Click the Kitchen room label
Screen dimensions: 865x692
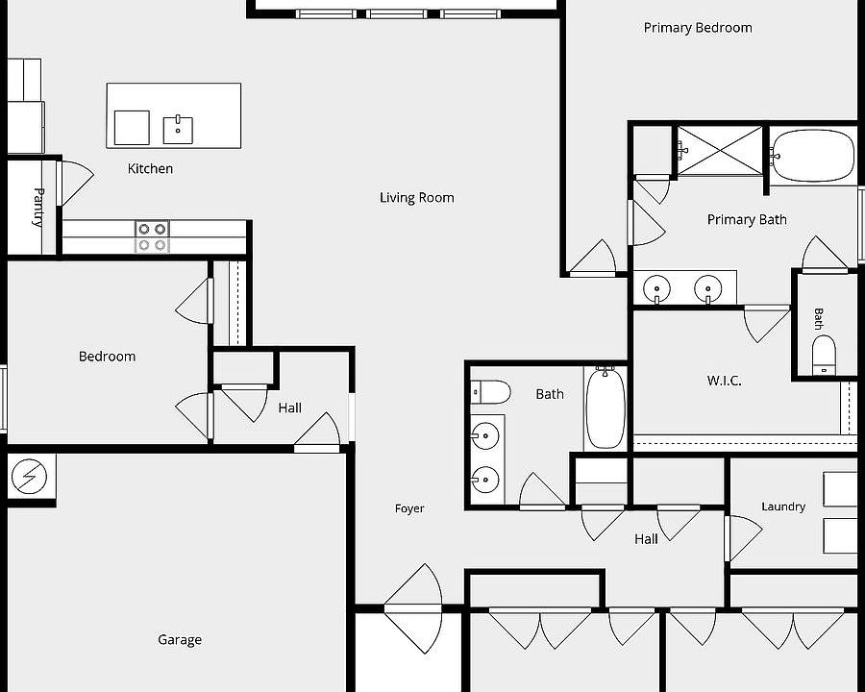click(x=150, y=168)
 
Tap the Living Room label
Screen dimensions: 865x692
click(x=417, y=198)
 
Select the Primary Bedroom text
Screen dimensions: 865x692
click(x=698, y=28)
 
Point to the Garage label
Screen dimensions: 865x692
click(x=180, y=639)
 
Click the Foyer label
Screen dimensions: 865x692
click(x=409, y=508)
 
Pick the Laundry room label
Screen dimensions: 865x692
click(x=783, y=507)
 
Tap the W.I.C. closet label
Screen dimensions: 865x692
click(x=725, y=381)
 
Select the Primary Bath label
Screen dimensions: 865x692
click(x=747, y=220)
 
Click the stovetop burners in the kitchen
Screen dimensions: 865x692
click(x=152, y=236)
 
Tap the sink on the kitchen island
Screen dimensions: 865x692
click(x=178, y=130)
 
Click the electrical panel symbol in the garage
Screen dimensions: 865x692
click(x=29, y=477)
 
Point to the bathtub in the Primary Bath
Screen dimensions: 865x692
click(x=813, y=156)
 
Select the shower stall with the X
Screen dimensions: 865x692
click(x=719, y=151)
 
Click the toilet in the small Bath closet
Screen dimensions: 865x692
click(x=824, y=355)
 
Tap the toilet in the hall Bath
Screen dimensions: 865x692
click(x=490, y=392)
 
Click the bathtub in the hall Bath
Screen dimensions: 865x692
click(x=605, y=408)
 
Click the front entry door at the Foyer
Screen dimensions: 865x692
click(x=413, y=608)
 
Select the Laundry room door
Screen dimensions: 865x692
click(x=743, y=539)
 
